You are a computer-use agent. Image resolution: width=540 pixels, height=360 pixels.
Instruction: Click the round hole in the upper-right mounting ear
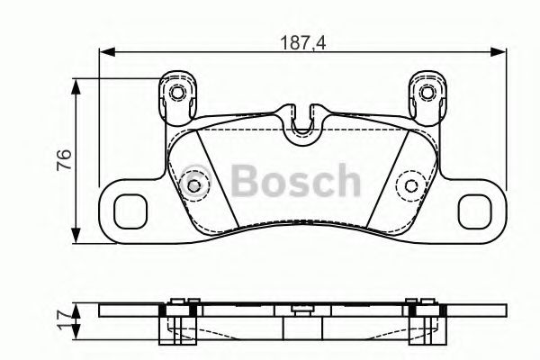[x=427, y=92]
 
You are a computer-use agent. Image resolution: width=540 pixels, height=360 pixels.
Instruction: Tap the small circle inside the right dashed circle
[x=412, y=186]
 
